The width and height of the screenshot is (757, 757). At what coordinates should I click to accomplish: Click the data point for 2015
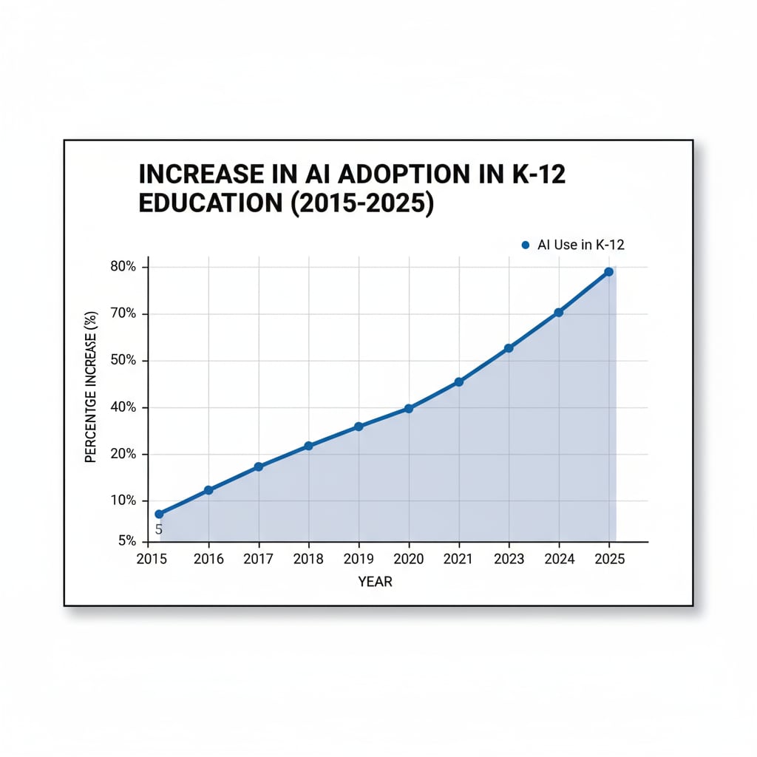click(x=159, y=514)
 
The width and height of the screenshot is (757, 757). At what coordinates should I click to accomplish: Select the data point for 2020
click(x=409, y=408)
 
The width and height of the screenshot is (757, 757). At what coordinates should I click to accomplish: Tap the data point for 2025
click(x=608, y=272)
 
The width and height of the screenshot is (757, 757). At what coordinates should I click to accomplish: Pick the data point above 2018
click(x=308, y=446)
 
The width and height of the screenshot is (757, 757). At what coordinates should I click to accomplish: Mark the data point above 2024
click(x=558, y=313)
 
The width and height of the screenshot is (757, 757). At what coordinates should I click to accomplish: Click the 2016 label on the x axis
click(x=208, y=560)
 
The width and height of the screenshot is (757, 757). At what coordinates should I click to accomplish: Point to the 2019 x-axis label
click(x=359, y=560)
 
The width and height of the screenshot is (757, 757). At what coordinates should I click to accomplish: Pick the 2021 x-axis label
click(x=458, y=560)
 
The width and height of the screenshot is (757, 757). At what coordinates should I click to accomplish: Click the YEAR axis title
click(x=376, y=582)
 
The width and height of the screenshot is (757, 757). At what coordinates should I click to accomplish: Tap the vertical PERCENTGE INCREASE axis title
click(x=92, y=398)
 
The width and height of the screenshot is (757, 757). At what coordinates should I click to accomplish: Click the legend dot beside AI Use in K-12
click(x=525, y=245)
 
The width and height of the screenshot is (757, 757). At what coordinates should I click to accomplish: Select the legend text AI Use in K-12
click(x=581, y=245)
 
